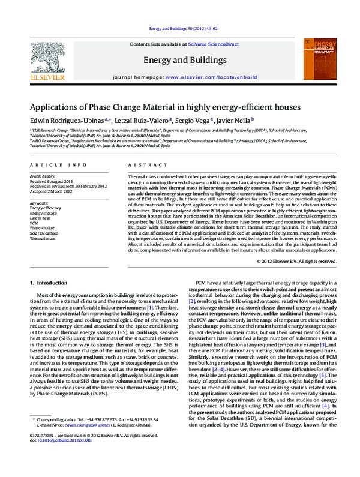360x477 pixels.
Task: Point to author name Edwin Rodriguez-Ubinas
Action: point(65,120)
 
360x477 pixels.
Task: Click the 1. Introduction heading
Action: point(52,282)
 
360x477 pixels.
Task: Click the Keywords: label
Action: point(40,203)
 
